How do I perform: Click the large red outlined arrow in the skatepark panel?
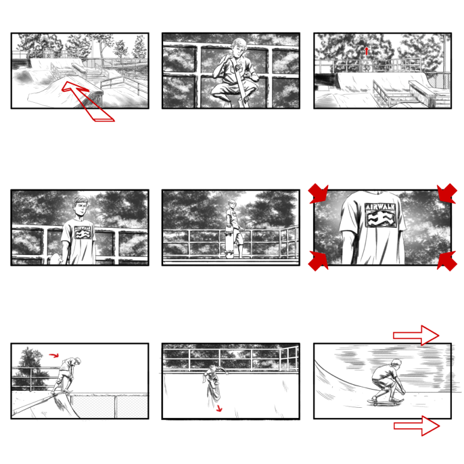click(x=88, y=101)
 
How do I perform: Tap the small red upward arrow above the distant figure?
click(x=367, y=51)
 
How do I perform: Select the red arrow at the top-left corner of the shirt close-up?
click(x=318, y=193)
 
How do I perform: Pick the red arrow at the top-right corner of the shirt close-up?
click(x=447, y=193)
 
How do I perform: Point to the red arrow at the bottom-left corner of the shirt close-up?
click(x=318, y=261)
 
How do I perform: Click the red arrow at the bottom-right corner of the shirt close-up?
click(x=447, y=261)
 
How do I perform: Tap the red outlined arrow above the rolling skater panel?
click(x=416, y=335)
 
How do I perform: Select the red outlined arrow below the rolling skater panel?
click(x=417, y=426)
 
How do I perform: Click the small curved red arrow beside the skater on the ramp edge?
click(x=54, y=355)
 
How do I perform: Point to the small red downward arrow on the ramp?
click(x=219, y=408)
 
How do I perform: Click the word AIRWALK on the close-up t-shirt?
click(x=380, y=207)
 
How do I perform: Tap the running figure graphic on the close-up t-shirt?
click(x=381, y=219)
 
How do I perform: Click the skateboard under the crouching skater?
click(x=385, y=402)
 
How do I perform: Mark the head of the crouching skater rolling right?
click(x=396, y=364)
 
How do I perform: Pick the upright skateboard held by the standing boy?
click(x=230, y=242)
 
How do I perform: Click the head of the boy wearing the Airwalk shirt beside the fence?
click(x=80, y=207)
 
